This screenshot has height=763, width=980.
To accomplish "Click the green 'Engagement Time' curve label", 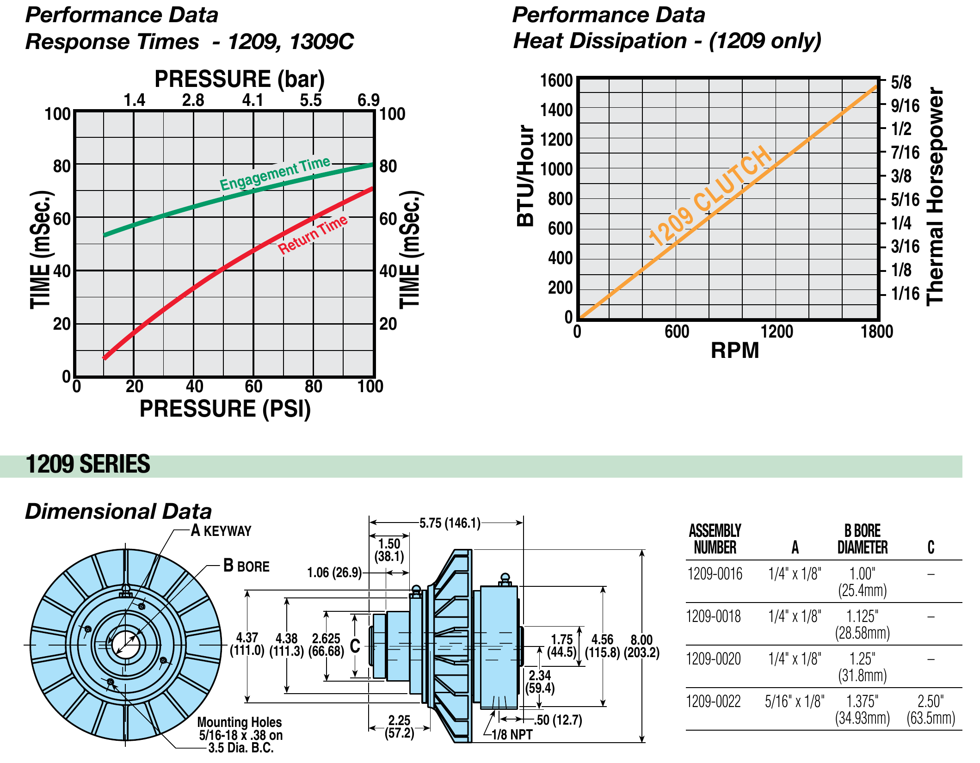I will pos(275,173).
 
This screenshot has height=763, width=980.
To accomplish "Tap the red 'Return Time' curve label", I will pos(313,234).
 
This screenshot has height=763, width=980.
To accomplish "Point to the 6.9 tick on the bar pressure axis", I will pos(368,100).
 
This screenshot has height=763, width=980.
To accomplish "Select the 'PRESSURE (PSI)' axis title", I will pos(225,409).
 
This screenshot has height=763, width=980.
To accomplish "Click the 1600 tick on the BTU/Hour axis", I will pos(556,81).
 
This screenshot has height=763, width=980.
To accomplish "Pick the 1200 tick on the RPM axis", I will pos(777,332).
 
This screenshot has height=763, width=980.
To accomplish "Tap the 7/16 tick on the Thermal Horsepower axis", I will pos(905,152).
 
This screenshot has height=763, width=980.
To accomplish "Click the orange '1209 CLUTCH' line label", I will pos(710,196).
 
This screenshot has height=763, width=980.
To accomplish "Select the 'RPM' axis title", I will pos(734,351).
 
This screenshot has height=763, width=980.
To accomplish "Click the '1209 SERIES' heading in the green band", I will pos(88,464).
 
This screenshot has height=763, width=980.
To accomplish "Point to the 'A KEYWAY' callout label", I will pos(221,530).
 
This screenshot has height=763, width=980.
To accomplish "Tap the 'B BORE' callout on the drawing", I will pos(246,566).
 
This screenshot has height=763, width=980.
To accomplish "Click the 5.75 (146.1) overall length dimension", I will pos(450,523).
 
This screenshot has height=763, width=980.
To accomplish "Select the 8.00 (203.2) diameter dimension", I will pos(641,646).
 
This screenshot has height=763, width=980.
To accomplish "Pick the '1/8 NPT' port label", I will pos(512,734).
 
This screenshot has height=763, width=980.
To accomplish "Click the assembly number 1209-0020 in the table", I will pos(714,659).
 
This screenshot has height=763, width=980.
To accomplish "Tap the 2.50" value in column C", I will pos(931,701).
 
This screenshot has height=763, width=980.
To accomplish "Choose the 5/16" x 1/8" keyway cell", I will pos(794,701).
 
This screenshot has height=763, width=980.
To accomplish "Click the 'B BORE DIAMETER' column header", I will pos(862,539).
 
